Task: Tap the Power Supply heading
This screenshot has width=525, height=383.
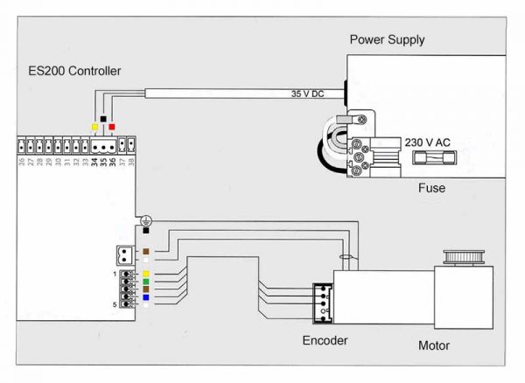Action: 387,39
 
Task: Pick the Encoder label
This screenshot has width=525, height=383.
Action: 325,341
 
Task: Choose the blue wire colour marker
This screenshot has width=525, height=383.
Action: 145,297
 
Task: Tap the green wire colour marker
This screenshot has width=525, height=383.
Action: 145,281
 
